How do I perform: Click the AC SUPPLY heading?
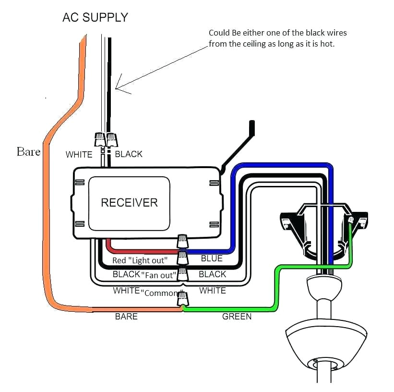(x=96, y=18)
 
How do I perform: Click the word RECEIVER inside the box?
(x=129, y=202)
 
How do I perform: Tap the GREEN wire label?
(x=237, y=317)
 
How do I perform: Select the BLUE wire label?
(x=212, y=258)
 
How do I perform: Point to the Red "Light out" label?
(x=140, y=260)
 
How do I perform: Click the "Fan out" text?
(x=159, y=275)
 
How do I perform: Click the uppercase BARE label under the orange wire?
(x=126, y=317)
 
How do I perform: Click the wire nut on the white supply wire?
(x=100, y=139)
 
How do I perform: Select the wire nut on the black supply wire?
(x=111, y=139)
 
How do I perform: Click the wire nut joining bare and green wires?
(x=183, y=300)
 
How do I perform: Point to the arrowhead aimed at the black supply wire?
(x=118, y=88)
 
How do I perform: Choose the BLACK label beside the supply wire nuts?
(x=129, y=154)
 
